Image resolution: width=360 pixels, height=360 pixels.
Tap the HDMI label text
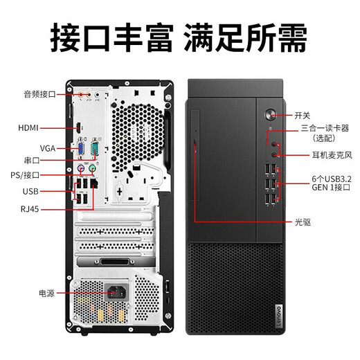(29, 128)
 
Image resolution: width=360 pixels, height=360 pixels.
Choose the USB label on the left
(30, 191)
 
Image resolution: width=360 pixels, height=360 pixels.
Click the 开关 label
(303, 115)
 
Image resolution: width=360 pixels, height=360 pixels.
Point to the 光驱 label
(302, 222)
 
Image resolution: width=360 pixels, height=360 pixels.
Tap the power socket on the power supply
(116, 294)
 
